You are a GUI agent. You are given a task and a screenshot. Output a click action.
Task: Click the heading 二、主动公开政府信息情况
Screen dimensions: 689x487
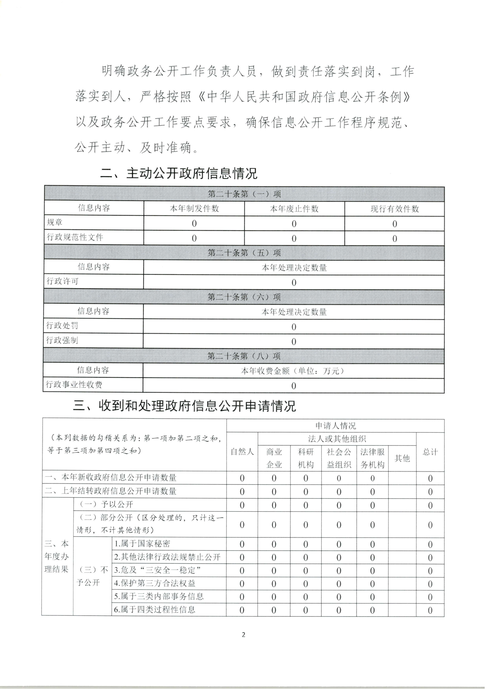[x=179, y=174]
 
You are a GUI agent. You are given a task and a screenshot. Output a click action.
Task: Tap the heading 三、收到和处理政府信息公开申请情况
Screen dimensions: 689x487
[x=185, y=407]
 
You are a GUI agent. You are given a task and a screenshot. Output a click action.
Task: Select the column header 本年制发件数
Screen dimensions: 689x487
[x=195, y=209]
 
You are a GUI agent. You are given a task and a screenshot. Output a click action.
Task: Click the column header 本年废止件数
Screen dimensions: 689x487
[x=295, y=209]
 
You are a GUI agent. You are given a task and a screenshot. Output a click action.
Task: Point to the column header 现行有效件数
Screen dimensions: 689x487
[x=396, y=209]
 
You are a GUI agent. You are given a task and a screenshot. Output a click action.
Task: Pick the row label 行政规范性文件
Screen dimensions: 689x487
[x=75, y=238]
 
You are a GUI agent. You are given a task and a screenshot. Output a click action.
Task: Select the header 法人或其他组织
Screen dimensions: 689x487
[x=339, y=439]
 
